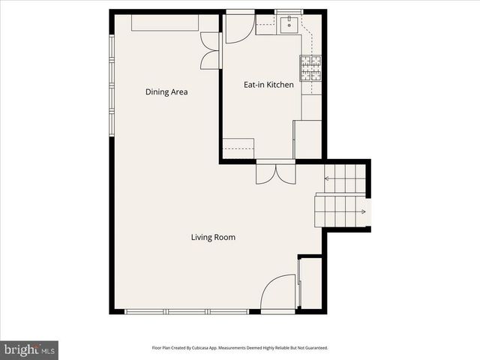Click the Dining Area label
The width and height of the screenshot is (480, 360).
coord(166,92)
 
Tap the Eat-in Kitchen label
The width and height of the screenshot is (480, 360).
coord(268,85)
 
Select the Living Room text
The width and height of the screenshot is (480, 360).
coord(213,238)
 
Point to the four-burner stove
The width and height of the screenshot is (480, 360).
coord(311,68)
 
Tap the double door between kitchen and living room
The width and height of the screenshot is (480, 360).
coord(275,173)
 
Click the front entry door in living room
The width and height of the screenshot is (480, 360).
coord(279,293)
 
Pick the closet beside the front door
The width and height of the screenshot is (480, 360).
coord(310,283)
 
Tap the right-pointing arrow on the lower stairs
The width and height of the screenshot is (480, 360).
coord(363,212)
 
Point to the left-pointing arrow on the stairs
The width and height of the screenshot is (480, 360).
coord(328,178)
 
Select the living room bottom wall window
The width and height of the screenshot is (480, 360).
coord(187,311)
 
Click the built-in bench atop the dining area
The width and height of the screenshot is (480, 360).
coord(165,22)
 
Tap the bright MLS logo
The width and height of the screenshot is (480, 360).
coord(29,349)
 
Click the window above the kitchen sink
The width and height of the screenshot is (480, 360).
coord(288,11)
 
